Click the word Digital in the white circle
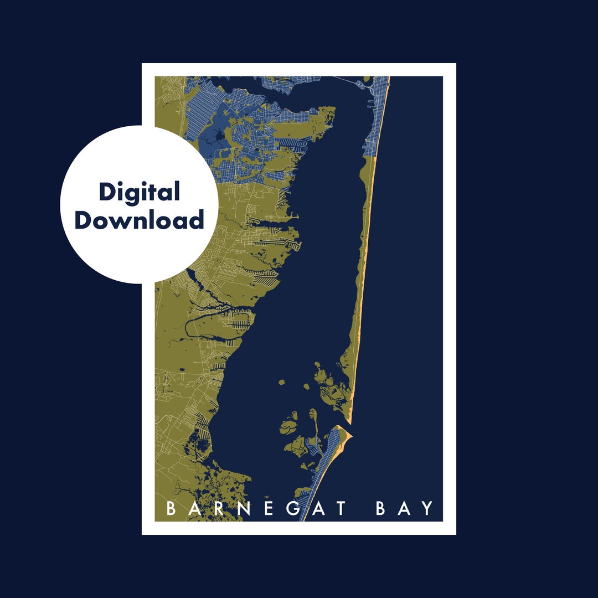(140, 193)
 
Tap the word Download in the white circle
(140, 220)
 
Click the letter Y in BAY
(426, 509)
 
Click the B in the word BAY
(381, 509)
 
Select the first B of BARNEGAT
(171, 509)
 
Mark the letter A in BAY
(404, 509)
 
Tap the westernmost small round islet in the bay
(281, 383)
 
